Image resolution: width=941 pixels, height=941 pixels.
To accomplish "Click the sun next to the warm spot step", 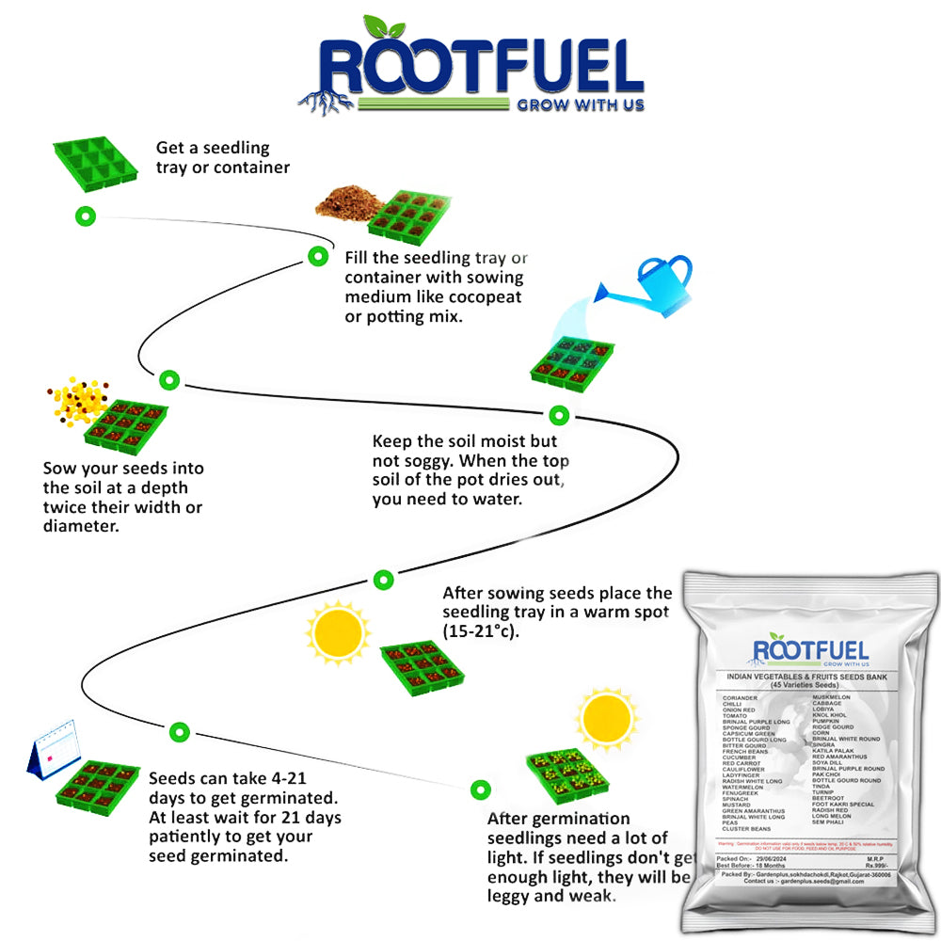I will coord(339,633).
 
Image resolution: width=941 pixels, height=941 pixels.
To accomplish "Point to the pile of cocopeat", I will coord(344,199).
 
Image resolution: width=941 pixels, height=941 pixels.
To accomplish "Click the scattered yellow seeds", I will coord(78,403).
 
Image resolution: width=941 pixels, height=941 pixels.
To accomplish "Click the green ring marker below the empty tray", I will coord(85,216).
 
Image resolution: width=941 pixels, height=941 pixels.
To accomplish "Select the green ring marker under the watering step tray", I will coord(558,414).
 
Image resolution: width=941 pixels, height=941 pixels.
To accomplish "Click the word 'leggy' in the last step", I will coord(514,896).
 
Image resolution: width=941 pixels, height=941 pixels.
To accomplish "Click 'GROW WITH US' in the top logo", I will coord(581,104).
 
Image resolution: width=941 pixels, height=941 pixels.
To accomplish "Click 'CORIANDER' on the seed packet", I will coord(741,697).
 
